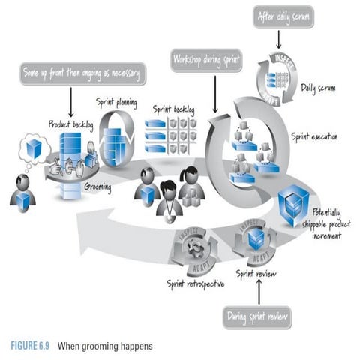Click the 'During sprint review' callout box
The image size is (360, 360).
(x=256, y=317)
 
